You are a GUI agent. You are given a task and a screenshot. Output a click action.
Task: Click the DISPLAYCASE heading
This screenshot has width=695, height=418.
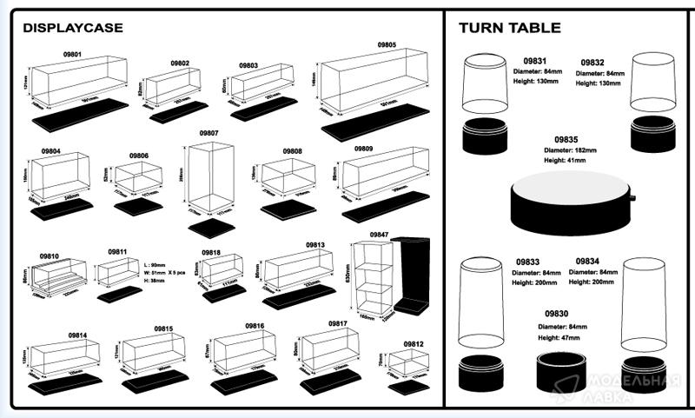(x=73, y=28)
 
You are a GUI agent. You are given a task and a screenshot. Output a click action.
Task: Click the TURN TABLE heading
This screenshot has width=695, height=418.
(x=509, y=28)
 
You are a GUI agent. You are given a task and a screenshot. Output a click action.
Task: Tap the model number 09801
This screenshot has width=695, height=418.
(x=72, y=54)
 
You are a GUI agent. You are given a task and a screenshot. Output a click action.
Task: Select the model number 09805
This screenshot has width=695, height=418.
(x=387, y=44)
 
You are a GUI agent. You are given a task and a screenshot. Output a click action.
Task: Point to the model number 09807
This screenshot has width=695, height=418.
(x=208, y=133)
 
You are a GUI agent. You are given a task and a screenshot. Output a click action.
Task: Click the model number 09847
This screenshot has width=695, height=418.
(x=380, y=235)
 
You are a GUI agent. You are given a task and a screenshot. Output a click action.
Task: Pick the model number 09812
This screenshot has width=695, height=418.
(x=414, y=344)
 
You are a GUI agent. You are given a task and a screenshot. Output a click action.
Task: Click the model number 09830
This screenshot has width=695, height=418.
(x=557, y=313)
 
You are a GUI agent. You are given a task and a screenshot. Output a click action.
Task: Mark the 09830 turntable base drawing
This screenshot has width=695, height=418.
(x=559, y=371)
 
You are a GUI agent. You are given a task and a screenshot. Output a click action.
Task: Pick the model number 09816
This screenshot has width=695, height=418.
(x=255, y=325)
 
